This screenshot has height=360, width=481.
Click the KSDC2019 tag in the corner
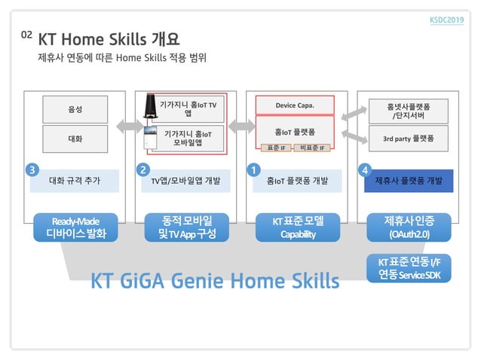446,20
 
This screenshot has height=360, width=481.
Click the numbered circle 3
32,170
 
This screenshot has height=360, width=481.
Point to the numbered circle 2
143,170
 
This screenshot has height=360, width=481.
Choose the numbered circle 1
255,170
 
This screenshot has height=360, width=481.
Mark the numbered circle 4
366,170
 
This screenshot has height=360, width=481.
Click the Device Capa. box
294,105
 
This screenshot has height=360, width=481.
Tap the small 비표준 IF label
311,148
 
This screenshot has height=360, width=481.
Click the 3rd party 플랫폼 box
408,139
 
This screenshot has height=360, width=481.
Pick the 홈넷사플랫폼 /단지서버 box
408,110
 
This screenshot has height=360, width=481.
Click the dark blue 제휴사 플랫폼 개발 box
408,181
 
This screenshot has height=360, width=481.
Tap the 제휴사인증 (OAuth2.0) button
408,227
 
